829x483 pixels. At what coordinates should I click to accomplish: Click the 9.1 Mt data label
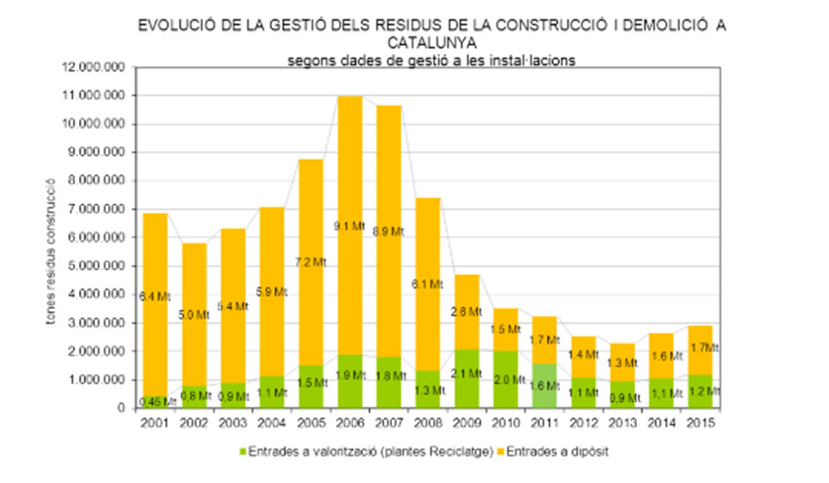coord(350,225)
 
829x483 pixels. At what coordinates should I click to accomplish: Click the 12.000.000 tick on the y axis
coord(98,67)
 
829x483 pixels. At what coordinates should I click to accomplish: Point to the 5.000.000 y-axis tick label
coord(100,265)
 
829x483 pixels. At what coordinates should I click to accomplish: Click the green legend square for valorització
coord(241,452)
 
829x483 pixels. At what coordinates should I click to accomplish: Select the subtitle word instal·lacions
coord(531,59)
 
